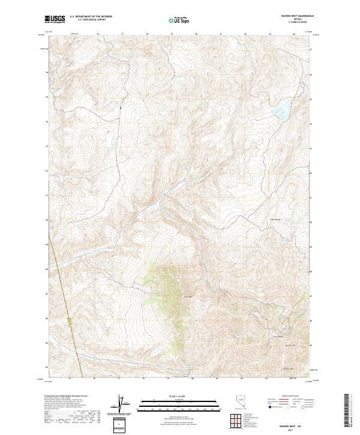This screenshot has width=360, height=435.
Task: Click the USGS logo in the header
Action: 55,19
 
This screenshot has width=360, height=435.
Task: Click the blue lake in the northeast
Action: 280,111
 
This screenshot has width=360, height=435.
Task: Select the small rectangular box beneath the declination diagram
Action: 121,424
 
